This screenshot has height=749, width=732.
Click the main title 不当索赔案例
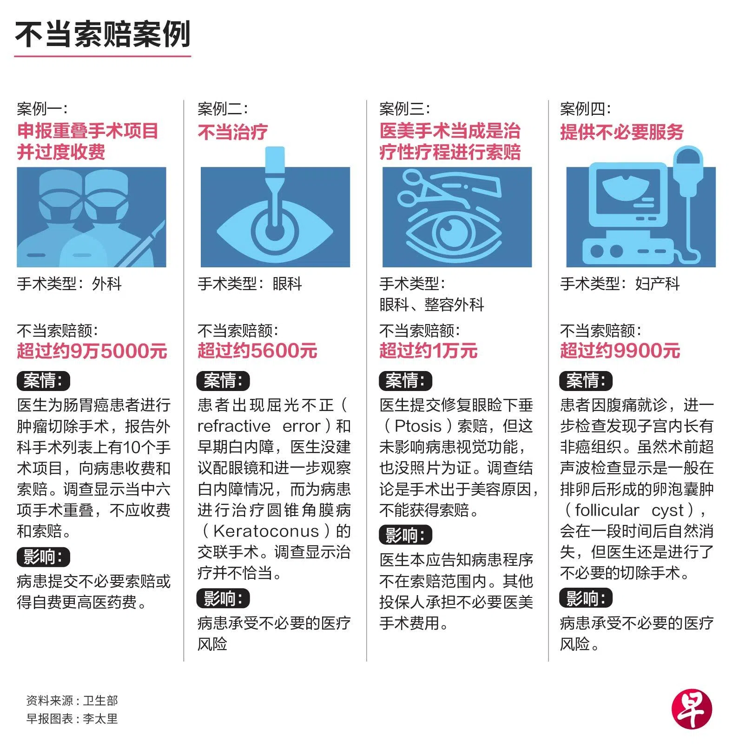tap(103, 34)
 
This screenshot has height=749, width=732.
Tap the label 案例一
tap(42, 109)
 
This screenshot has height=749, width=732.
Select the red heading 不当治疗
tap(232, 132)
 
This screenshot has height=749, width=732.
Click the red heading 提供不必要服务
tap(621, 132)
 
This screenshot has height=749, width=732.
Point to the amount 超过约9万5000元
tap(92, 351)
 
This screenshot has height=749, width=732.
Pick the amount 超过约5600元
tap(257, 351)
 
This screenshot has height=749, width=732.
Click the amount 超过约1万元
tap(428, 351)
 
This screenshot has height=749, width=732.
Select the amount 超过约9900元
tap(620, 351)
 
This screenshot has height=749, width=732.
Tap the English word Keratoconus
tap(266, 531)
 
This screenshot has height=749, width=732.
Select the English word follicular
tap(607, 510)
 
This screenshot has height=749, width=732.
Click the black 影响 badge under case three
tap(406, 535)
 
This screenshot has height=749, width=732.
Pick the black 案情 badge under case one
tap(44, 381)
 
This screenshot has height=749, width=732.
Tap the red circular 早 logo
tap(692, 709)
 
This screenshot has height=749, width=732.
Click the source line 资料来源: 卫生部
tap(72, 700)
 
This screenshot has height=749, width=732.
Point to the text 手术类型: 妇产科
tap(620, 284)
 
